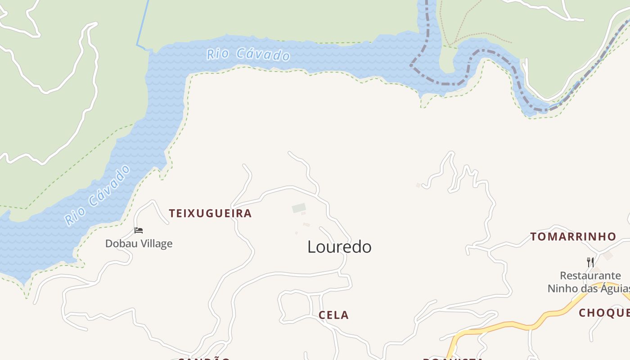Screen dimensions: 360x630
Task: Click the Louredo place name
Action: pos(339,247)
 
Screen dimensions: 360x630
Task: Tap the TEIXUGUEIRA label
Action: pos(210,213)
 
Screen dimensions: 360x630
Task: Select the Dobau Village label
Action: pos(139,243)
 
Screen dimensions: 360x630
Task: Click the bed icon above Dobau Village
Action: pos(139,230)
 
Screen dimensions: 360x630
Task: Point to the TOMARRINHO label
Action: pos(573,237)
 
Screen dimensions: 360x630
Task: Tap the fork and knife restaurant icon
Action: pos(590,262)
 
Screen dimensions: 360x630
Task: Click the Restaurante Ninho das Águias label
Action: pos(589,282)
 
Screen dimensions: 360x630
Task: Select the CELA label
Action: pos(333,315)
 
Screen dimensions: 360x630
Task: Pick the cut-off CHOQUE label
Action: pos(604,313)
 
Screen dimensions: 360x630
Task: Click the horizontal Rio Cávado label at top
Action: pos(248,54)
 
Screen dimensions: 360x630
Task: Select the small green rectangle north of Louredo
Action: pos(299,208)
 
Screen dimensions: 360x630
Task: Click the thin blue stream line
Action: pos(144,22)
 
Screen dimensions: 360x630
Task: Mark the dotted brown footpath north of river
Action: pos(477,35)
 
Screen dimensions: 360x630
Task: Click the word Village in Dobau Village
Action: pos(154,243)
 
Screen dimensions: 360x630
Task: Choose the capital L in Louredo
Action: pos(310,247)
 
